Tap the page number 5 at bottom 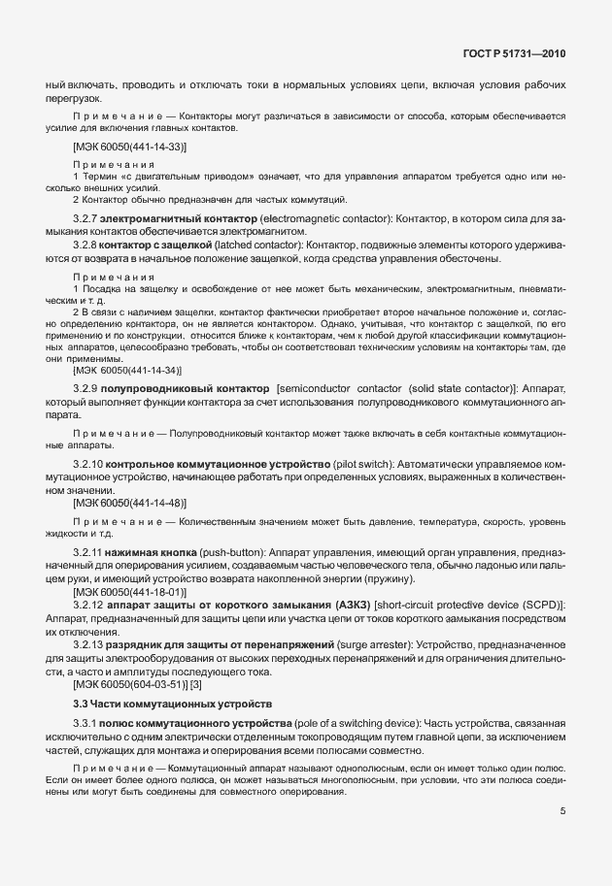[561, 812]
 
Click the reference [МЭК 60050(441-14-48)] [129, 503]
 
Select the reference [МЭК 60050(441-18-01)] [129, 591]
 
